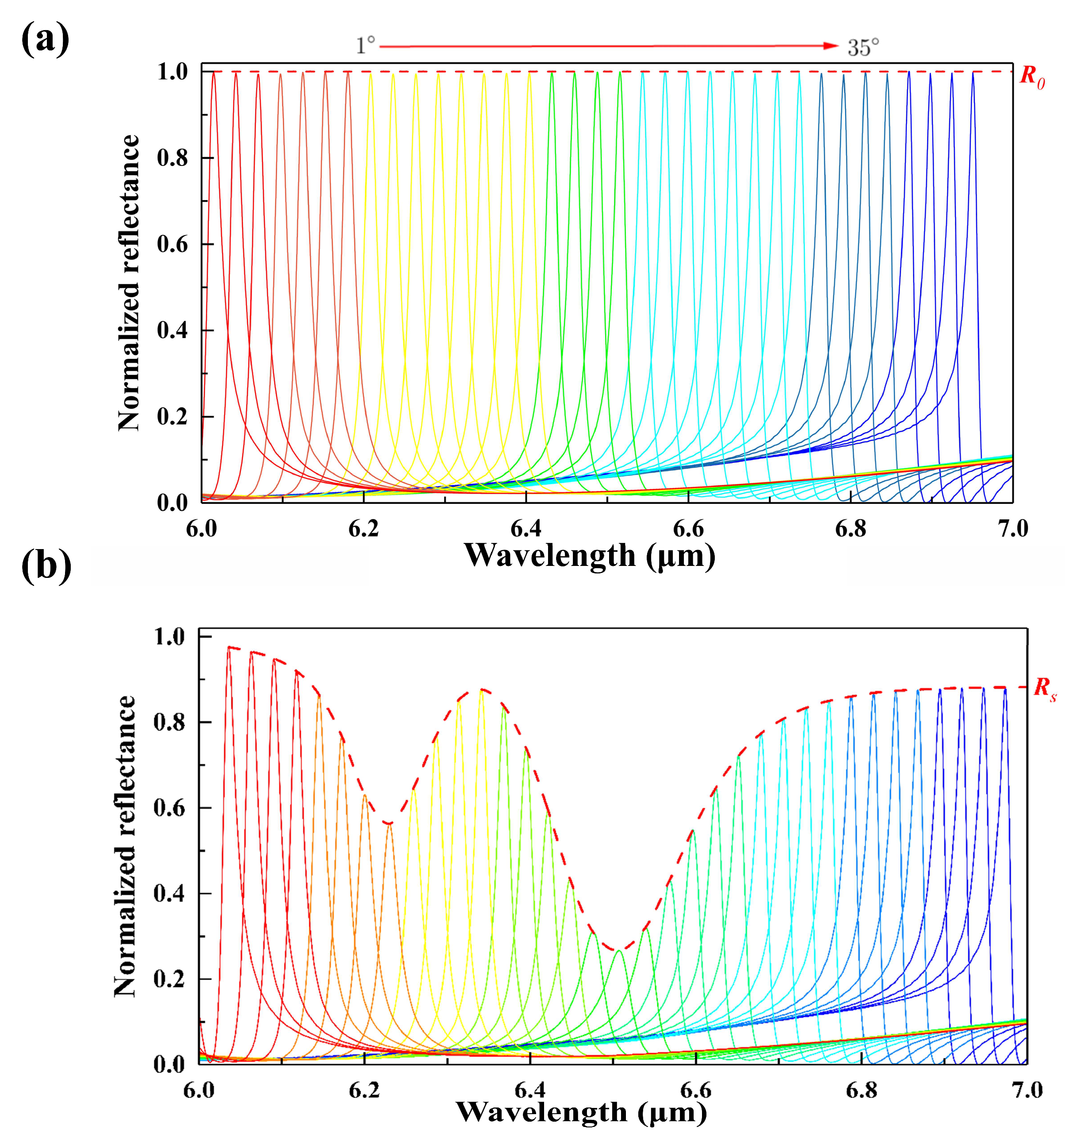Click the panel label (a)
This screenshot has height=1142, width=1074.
(45, 40)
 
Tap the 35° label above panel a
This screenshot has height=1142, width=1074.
(863, 47)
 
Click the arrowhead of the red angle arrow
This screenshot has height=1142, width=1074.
(830, 46)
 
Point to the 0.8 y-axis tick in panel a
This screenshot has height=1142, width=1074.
(173, 158)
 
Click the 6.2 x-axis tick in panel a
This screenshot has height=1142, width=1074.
(364, 528)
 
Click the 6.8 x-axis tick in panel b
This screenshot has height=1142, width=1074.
(862, 1090)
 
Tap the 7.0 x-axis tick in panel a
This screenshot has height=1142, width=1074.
(1013, 528)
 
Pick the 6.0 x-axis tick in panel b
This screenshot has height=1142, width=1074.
(199, 1090)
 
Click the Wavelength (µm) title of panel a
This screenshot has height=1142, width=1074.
(590, 555)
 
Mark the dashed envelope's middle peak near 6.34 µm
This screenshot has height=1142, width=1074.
(483, 689)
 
